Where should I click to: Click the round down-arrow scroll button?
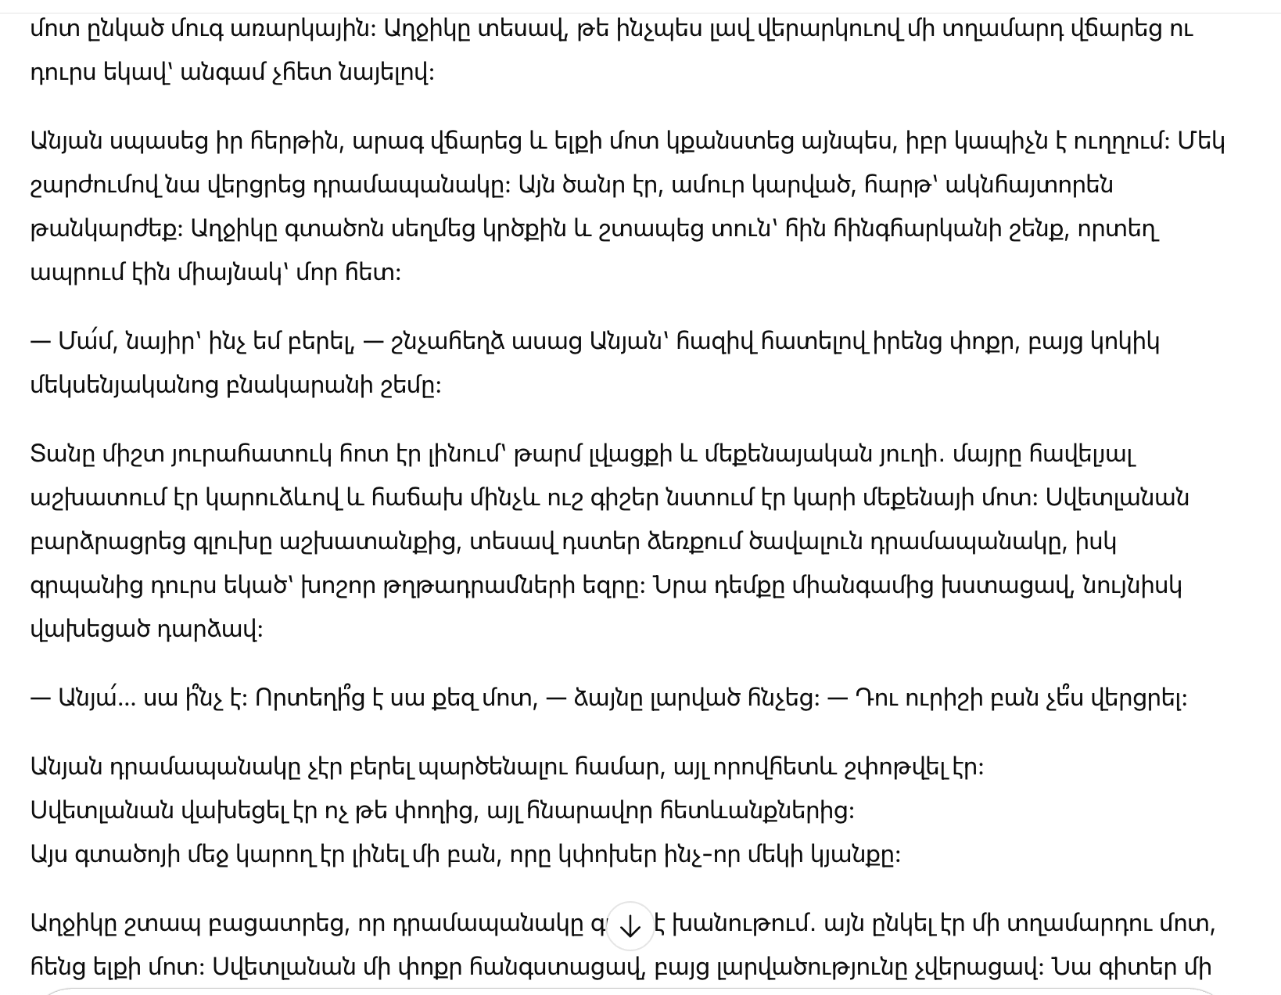(630, 926)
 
